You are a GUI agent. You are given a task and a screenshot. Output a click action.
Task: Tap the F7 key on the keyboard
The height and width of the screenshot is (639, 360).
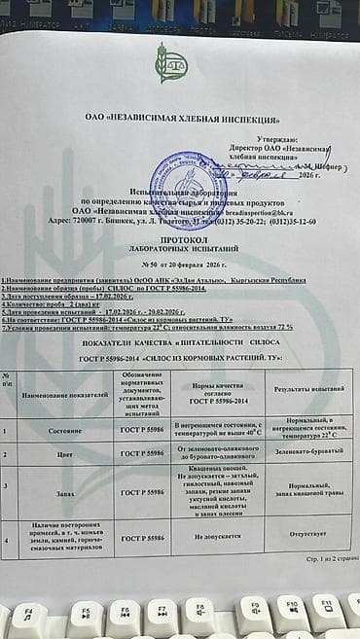tap(161, 615)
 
